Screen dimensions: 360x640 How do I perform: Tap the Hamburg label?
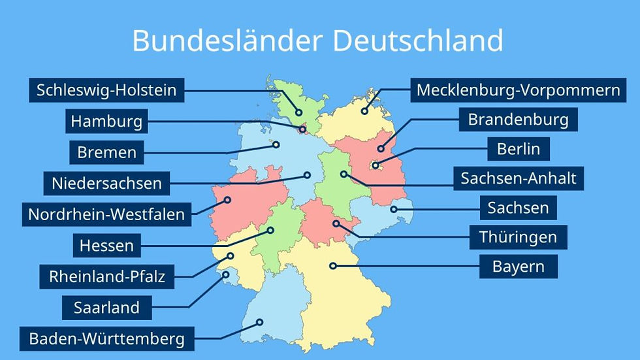(106, 121)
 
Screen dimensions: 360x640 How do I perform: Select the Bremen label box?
(107, 153)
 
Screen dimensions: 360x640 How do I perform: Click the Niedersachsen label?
(106, 183)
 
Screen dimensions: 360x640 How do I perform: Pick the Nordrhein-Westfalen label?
(106, 214)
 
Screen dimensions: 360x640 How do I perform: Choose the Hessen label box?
(106, 246)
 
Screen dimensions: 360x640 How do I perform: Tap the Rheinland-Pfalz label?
(106, 276)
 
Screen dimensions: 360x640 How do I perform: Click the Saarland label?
(106, 307)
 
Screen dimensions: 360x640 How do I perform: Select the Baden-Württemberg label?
(106, 339)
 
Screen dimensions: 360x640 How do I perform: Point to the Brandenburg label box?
(518, 120)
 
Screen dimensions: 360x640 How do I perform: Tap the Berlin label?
(519, 149)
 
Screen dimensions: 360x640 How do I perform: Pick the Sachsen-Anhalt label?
(519, 178)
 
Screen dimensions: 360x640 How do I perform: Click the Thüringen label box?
(518, 237)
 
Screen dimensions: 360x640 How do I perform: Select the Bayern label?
(518, 267)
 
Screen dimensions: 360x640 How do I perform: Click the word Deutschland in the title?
(418, 41)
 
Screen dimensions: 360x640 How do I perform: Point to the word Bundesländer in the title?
(226, 41)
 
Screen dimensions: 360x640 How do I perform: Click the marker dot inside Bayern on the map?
(332, 265)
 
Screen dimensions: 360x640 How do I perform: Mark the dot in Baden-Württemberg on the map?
(260, 321)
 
